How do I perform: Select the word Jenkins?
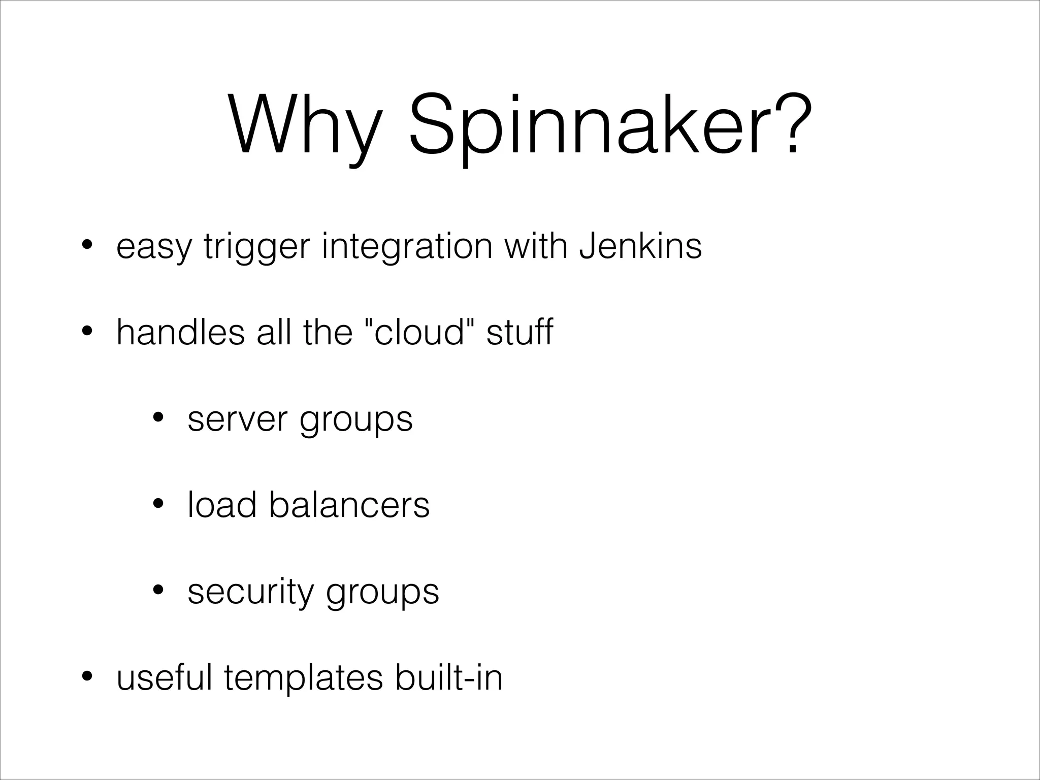[x=640, y=246]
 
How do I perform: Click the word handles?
[x=180, y=333]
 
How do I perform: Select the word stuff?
[x=519, y=333]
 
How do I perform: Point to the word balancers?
[x=349, y=505]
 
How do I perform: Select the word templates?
[x=303, y=678]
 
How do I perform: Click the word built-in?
[x=449, y=678]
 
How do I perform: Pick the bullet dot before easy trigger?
[x=87, y=245]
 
